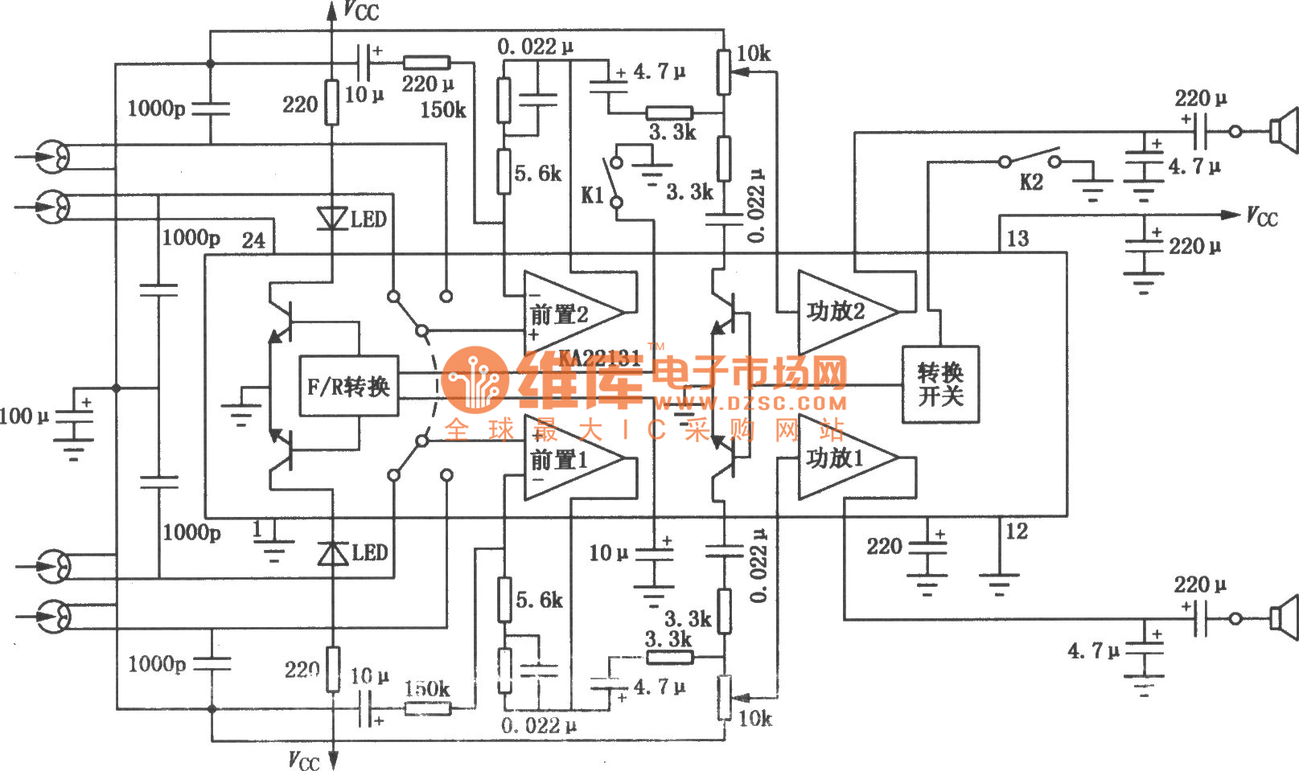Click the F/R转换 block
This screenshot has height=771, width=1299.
click(348, 386)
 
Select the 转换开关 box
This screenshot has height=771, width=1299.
click(940, 384)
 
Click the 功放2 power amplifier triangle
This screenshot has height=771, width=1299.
click(841, 311)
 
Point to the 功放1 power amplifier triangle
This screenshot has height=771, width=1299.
click(841, 458)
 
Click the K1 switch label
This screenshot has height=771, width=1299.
click(592, 195)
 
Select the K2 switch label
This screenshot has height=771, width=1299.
click(1031, 182)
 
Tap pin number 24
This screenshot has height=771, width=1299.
click(253, 240)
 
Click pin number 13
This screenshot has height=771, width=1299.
click(1017, 239)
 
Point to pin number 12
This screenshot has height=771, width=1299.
click(1017, 531)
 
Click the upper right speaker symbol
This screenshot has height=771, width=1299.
click(1284, 130)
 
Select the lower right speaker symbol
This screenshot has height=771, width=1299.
click(1284, 617)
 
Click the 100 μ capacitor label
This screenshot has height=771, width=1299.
click(24, 416)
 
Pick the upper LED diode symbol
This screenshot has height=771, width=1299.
click(331, 218)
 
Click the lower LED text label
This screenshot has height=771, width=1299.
click(370, 553)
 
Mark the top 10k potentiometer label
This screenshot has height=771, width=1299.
click(754, 54)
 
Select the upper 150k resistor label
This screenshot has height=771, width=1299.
click(442, 109)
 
